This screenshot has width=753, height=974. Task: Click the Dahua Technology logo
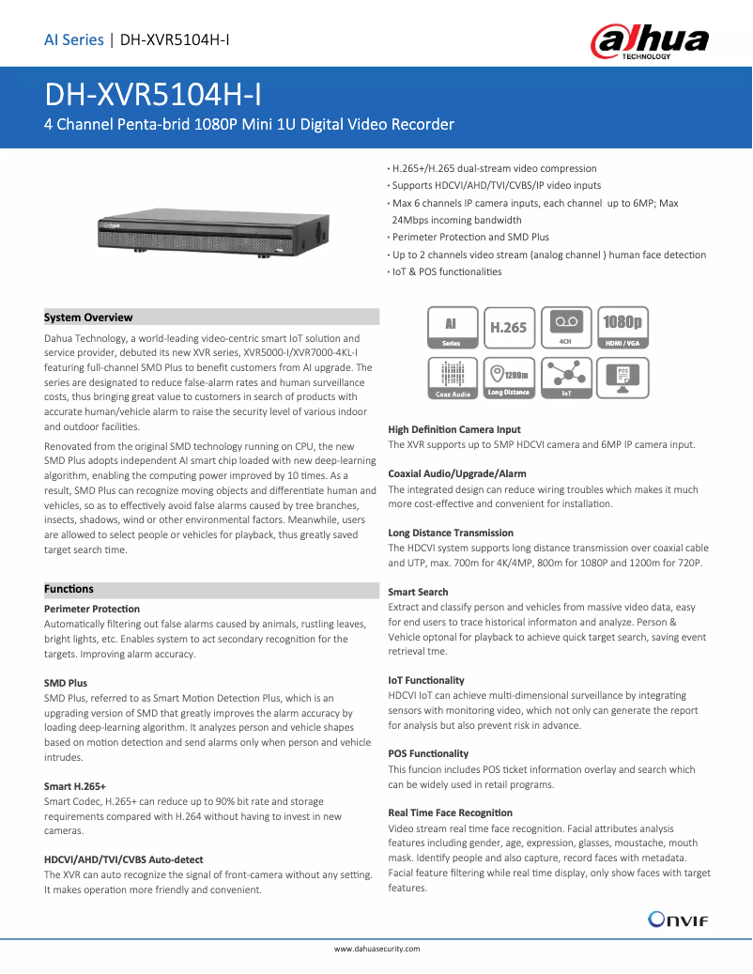click(649, 41)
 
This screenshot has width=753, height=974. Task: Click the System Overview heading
click(89, 317)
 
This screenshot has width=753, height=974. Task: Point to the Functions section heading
click(69, 589)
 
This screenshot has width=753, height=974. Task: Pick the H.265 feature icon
click(509, 329)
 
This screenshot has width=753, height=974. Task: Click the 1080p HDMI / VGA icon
click(622, 329)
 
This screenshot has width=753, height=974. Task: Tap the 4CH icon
click(565, 329)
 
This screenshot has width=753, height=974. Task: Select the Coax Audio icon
click(453, 379)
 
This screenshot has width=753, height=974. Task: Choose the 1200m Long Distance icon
click(509, 379)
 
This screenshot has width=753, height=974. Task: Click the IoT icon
click(566, 379)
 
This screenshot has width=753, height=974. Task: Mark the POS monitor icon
click(622, 379)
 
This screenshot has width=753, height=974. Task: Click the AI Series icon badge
click(453, 329)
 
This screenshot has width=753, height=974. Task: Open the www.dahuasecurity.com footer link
click(376, 949)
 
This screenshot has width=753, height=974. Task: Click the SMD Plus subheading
click(66, 683)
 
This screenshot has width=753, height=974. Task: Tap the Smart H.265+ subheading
click(75, 786)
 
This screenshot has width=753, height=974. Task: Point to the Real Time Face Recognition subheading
click(450, 812)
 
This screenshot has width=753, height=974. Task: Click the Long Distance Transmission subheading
click(451, 533)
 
